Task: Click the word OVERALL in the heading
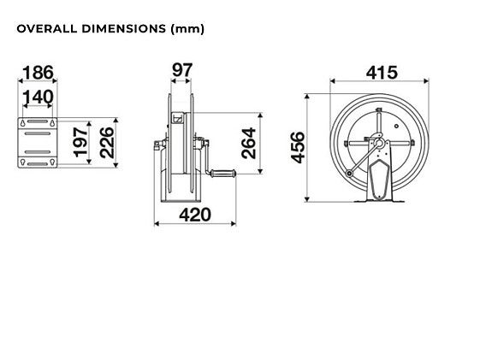pyautogui.click(x=44, y=29)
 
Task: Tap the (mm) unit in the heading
pyautogui.click(x=187, y=29)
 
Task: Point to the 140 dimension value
pyautogui.click(x=37, y=97)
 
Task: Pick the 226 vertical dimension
pyautogui.click(x=106, y=143)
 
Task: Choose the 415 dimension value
pyautogui.click(x=381, y=72)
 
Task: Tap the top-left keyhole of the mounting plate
pyautogui.click(x=23, y=124)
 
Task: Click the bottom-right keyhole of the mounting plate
pyautogui.click(x=53, y=162)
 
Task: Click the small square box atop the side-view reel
pyautogui.click(x=178, y=119)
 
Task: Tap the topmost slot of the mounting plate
pyautogui.click(x=38, y=124)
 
